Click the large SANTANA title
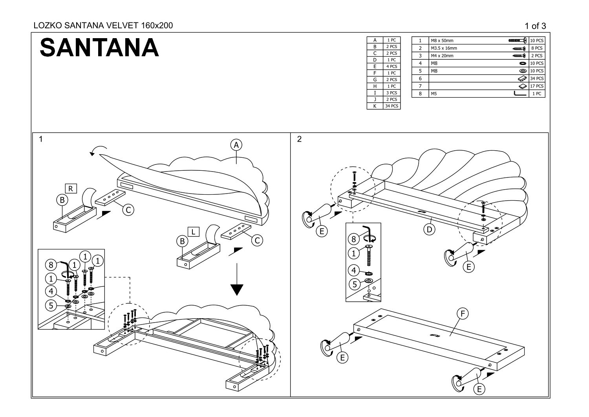[x=99, y=48]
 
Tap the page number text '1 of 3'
[x=535, y=26]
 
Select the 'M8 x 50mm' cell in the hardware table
[x=442, y=41]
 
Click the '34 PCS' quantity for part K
[x=391, y=106]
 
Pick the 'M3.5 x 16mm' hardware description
[x=444, y=48]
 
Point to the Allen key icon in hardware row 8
[x=520, y=94]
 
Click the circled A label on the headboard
[x=236, y=145]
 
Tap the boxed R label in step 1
[x=71, y=188]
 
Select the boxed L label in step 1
[x=193, y=232]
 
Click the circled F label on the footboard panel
[x=463, y=314]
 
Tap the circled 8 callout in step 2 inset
[x=353, y=239]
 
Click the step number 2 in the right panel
[x=300, y=139]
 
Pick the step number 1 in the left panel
[x=41, y=139]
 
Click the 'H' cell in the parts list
[x=375, y=86]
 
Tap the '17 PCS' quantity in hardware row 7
[x=537, y=86]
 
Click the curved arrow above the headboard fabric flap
[x=98, y=150]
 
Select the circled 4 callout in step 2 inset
[x=353, y=270]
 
